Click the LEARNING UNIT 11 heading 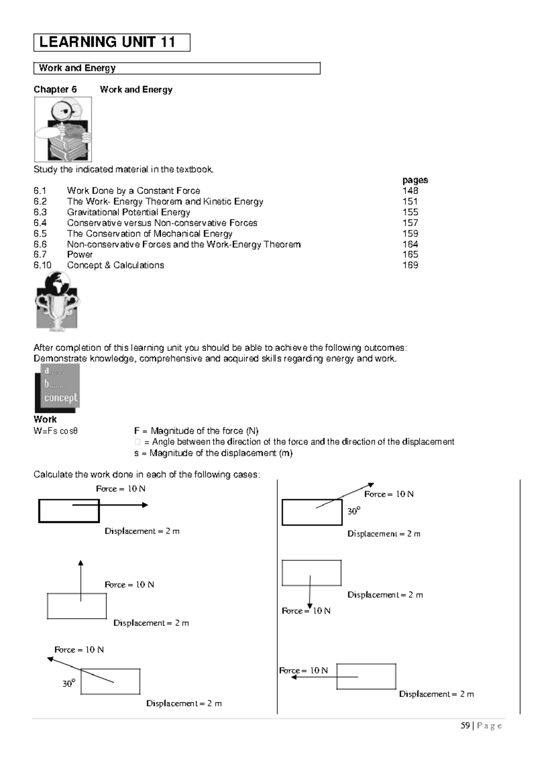(x=107, y=42)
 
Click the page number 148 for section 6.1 (x=410, y=191)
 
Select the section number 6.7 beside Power (x=40, y=254)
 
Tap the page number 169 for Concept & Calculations (x=410, y=265)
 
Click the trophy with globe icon (x=57, y=301)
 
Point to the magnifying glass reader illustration (x=63, y=130)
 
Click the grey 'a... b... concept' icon (x=58, y=387)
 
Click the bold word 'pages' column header (x=415, y=180)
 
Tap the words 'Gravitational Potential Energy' (x=128, y=212)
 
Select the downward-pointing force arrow (x=310, y=592)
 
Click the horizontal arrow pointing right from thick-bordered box (x=111, y=505)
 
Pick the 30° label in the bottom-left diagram (x=69, y=684)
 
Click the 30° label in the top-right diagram (x=354, y=511)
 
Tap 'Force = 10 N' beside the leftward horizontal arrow (x=303, y=670)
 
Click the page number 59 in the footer (x=465, y=726)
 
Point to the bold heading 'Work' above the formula (x=45, y=419)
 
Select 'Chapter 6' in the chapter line (x=55, y=90)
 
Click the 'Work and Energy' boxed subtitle (x=77, y=68)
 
